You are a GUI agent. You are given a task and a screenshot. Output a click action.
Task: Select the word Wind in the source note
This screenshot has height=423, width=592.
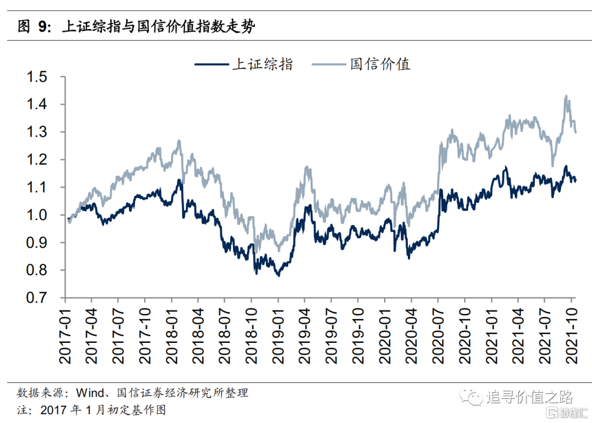point(88,393)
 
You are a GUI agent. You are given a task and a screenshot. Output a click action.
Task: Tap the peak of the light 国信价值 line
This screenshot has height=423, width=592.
point(566,96)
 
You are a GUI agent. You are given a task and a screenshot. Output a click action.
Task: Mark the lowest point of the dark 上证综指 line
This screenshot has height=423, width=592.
point(278,275)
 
